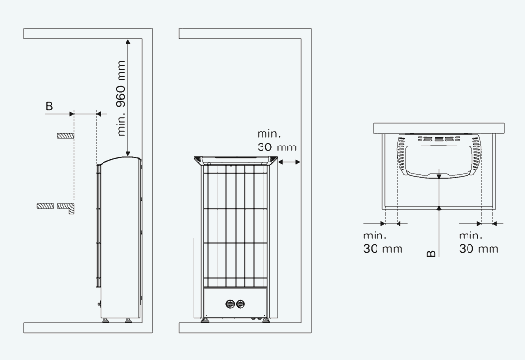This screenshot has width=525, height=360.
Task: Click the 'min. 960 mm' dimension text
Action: coord(121,99)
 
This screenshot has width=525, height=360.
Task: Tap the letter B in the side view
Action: coord(49,106)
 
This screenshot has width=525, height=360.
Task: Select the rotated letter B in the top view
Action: coord(431,254)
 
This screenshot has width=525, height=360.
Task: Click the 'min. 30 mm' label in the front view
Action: coord(277,141)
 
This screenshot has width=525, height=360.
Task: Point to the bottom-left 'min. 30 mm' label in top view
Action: coord(383,242)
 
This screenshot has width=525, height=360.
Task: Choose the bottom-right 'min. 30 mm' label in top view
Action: coord(479,242)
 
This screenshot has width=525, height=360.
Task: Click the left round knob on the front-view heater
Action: coord(230,304)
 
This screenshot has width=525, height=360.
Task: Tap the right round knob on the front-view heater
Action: coord(240,304)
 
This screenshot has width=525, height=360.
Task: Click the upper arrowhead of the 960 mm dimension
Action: coord(128,42)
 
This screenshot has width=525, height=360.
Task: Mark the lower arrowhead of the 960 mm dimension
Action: coord(128,153)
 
